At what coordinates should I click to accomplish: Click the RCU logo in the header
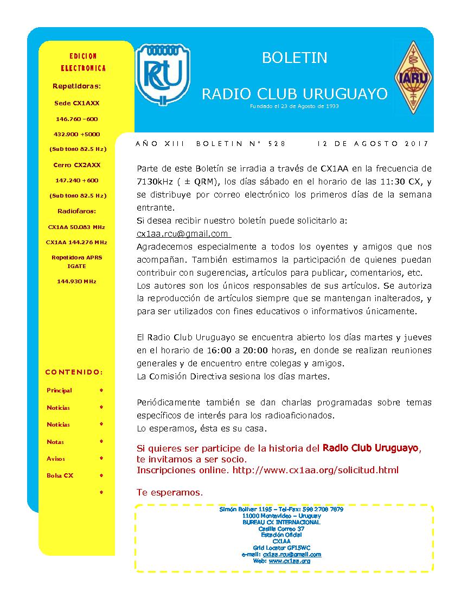click(x=163, y=74)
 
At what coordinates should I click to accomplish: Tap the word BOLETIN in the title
click(x=294, y=58)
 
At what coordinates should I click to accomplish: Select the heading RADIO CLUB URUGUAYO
click(x=294, y=94)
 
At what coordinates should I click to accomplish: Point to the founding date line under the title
click(x=294, y=106)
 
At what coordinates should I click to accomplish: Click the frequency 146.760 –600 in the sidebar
click(x=77, y=119)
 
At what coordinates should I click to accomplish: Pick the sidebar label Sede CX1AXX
click(x=77, y=103)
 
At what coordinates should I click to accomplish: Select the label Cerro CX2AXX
click(x=77, y=165)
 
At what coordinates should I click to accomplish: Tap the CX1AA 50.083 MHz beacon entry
click(x=76, y=227)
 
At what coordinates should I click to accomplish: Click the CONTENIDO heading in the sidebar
click(x=74, y=372)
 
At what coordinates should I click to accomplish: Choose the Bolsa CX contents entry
click(x=60, y=475)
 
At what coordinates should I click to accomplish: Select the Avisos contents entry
click(x=56, y=459)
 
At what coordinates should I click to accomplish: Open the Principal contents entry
click(x=59, y=390)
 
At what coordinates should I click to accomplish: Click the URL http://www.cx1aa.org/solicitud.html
click(x=315, y=470)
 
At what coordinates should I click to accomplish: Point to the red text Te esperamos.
click(x=170, y=493)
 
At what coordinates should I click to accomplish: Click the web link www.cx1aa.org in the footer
click(x=289, y=561)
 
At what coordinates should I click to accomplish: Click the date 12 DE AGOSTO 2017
click(x=373, y=144)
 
